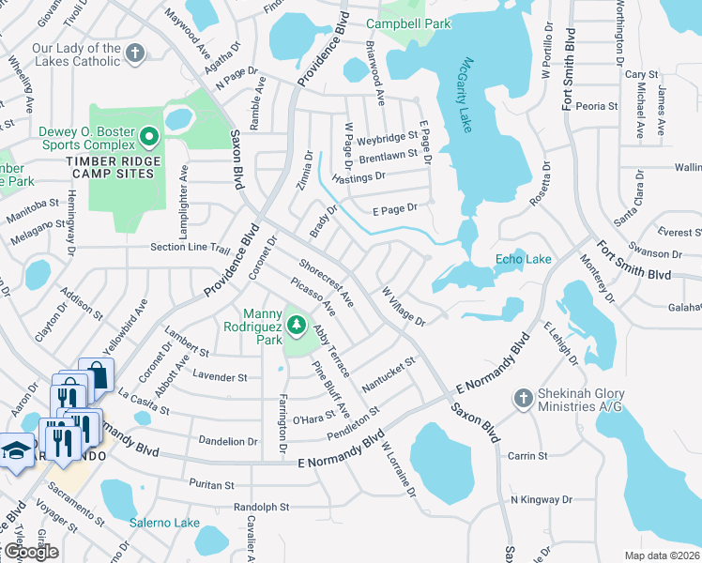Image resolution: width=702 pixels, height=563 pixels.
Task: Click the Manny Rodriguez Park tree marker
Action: pos(297,326)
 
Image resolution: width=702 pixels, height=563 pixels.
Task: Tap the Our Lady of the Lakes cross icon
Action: pos(136,53)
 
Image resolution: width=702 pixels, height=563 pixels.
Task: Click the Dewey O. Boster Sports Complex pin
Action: pos(148,139)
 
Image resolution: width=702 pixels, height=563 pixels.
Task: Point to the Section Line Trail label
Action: pos(191,248)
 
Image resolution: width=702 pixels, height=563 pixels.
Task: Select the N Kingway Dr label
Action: pos(542,499)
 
